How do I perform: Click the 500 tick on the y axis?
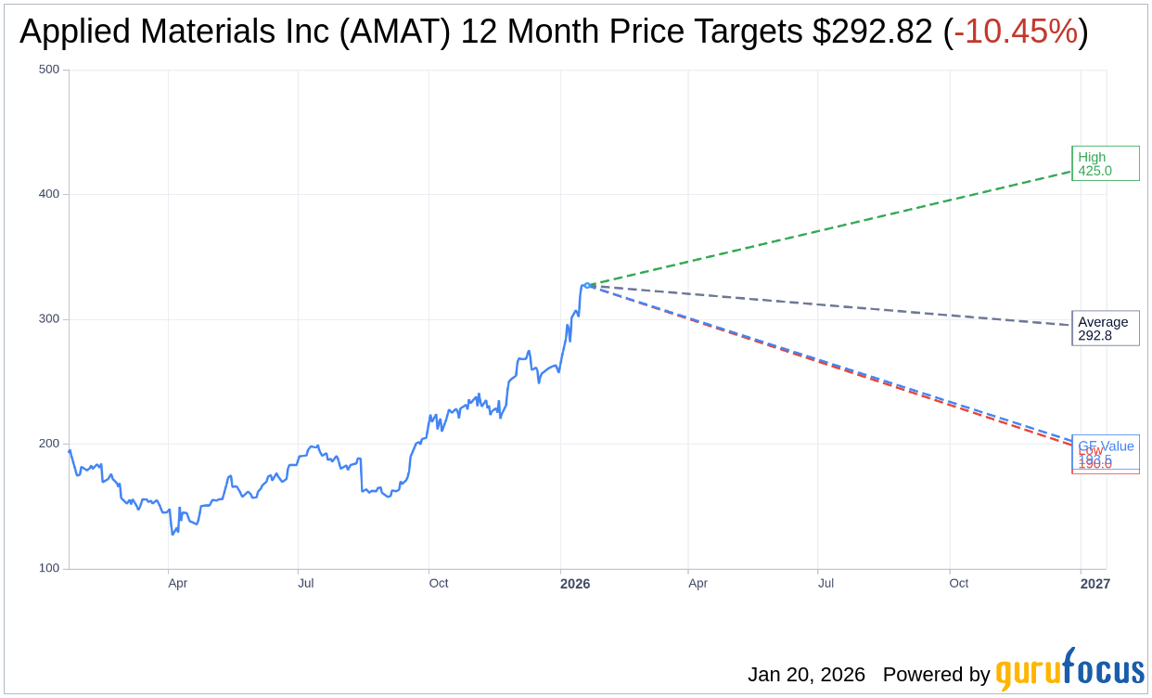click(49, 70)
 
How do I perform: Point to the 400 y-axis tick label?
click(49, 194)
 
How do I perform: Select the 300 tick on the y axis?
click(49, 319)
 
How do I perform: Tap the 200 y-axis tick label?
click(49, 444)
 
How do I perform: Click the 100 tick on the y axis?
click(49, 568)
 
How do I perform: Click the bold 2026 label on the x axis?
click(574, 584)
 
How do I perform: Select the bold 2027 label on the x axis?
click(1094, 584)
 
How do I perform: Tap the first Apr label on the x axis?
click(178, 584)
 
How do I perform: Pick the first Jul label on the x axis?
click(305, 584)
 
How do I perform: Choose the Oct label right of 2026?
click(958, 584)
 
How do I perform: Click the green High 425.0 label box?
click(1105, 163)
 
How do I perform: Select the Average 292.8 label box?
click(1105, 329)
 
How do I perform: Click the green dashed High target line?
click(835, 228)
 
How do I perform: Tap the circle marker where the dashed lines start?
click(587, 285)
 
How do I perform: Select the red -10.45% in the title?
click(1016, 32)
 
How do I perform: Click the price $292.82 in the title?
click(872, 32)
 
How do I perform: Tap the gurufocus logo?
click(1069, 670)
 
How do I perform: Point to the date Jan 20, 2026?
click(806, 675)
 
